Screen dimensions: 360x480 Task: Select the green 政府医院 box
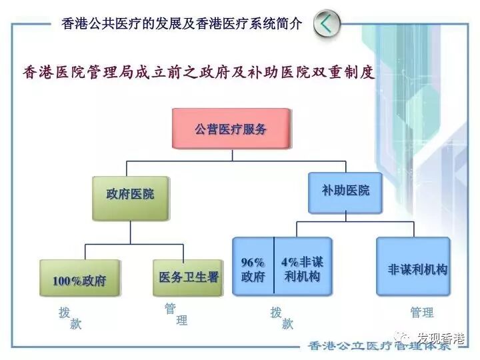tap(130, 195)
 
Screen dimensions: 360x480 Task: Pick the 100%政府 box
tap(79, 279)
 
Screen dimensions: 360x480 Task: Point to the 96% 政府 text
tap(253, 269)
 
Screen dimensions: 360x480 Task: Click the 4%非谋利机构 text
tap(302, 269)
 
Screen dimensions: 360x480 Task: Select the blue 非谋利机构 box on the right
tap(417, 269)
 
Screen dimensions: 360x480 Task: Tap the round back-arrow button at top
tap(326, 24)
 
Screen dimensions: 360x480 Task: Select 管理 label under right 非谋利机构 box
tap(422, 313)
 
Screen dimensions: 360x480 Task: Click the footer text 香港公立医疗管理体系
tap(385, 346)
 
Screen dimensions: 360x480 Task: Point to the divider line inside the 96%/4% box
tap(274, 266)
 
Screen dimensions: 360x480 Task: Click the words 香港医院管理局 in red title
tap(73, 71)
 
